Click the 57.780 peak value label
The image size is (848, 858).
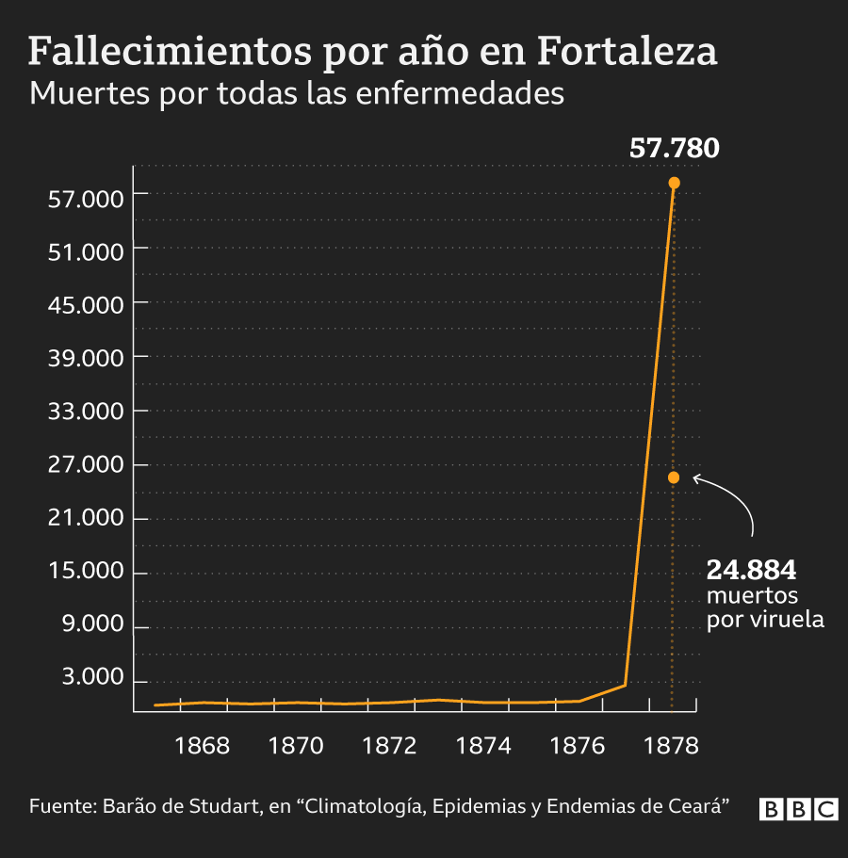[674, 149]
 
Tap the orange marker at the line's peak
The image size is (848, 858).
[674, 183]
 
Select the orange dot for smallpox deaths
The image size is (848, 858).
[674, 478]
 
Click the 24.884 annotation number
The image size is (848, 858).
[752, 571]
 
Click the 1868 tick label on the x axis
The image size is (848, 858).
[203, 746]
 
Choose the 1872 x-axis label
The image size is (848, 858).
[390, 746]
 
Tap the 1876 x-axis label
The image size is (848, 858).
[578, 746]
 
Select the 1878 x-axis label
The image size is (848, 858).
[671, 746]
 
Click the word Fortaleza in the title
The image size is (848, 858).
[628, 53]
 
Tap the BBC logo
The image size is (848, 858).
[799, 809]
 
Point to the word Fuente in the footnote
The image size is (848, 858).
[61, 807]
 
